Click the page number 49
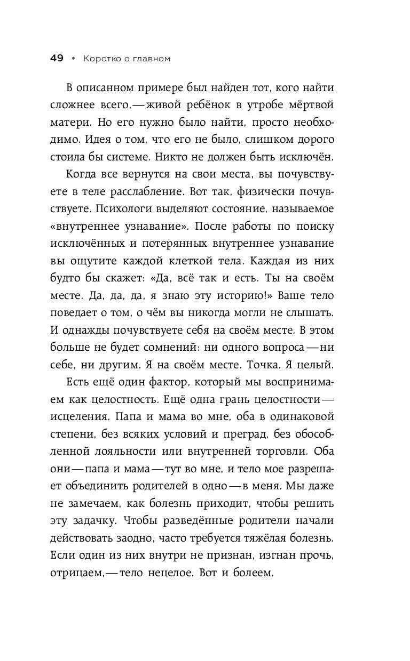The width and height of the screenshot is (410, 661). click(x=56, y=59)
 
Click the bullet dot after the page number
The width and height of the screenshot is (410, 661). click(x=73, y=59)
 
